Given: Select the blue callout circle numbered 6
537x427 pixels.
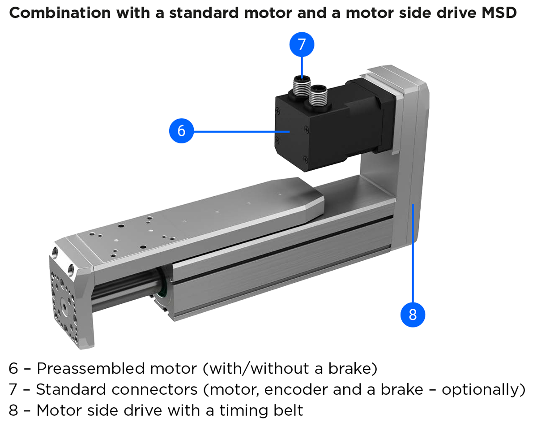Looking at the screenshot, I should point(181,131).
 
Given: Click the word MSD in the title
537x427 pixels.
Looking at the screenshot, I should point(499,13).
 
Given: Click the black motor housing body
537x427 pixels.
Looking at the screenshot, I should point(304,134).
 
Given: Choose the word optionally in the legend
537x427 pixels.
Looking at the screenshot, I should point(481,389).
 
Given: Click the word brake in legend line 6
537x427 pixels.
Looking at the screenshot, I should point(350,369).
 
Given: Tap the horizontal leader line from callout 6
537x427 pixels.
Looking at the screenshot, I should point(242,131).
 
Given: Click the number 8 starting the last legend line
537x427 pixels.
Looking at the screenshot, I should point(14,410).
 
